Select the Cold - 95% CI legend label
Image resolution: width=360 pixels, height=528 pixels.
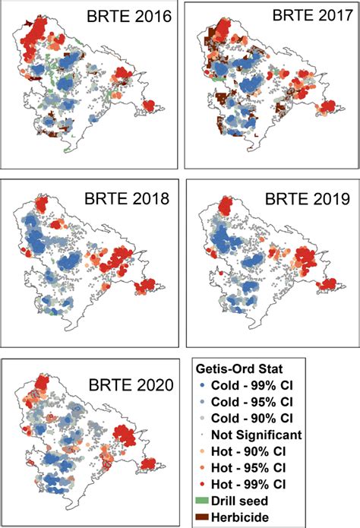click(260, 403)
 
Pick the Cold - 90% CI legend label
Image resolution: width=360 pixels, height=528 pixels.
click(260, 419)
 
